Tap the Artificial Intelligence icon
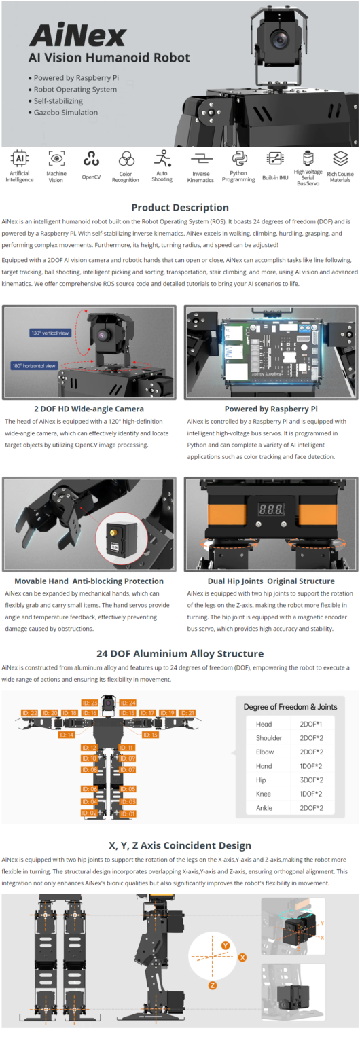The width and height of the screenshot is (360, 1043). (x=19, y=160)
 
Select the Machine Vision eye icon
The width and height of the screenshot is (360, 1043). (x=56, y=159)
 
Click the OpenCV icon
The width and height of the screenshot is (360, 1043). (x=91, y=160)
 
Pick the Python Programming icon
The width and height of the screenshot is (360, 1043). (x=238, y=159)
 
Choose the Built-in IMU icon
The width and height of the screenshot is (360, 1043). (x=275, y=160)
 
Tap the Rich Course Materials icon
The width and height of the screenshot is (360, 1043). (x=340, y=159)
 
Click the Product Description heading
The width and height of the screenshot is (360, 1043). (x=180, y=207)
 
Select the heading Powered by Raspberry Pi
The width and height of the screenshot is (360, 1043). (x=270, y=409)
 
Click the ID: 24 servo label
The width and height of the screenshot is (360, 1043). (x=128, y=703)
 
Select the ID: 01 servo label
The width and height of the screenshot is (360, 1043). (x=128, y=813)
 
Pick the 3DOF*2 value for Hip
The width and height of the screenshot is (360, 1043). (x=311, y=780)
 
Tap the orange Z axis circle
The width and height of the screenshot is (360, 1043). (x=213, y=985)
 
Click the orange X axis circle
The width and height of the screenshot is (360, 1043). (x=242, y=956)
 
